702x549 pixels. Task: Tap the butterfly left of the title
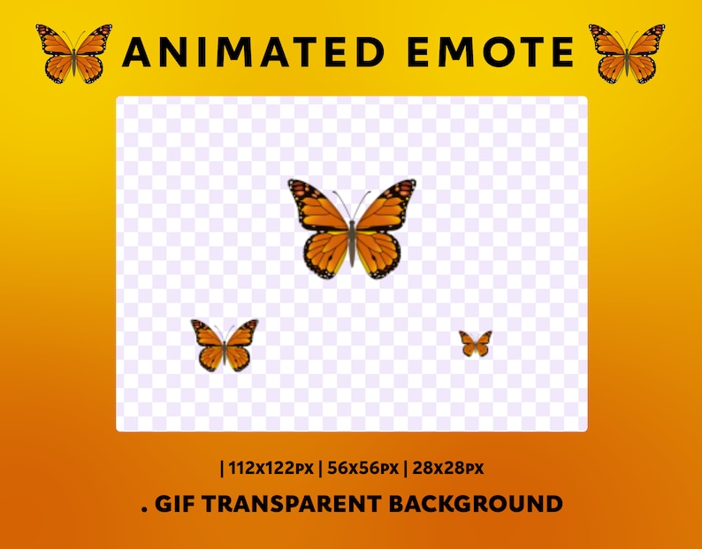74,53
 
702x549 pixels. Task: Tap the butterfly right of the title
627,53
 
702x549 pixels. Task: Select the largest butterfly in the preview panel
352,228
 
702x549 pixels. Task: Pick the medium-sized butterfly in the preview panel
225,345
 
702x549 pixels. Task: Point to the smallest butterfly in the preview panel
476,343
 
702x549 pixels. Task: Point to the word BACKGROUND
476,505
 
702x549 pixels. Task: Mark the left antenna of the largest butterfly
340,202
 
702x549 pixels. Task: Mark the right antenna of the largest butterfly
363,202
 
